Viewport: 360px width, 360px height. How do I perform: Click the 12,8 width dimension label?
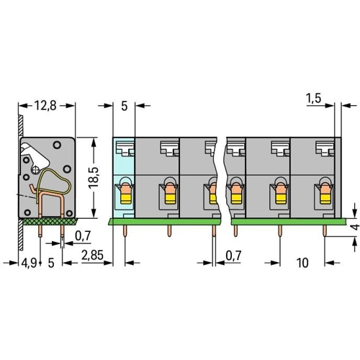(x=45, y=106)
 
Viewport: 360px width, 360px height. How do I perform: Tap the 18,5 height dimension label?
(x=94, y=177)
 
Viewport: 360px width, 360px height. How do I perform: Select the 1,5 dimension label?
(x=314, y=98)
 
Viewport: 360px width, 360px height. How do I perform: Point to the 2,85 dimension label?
(x=92, y=255)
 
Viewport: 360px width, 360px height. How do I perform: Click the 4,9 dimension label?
(x=29, y=263)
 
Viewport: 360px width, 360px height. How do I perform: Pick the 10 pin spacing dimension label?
(x=302, y=263)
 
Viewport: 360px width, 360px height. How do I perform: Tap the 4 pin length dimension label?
(x=356, y=227)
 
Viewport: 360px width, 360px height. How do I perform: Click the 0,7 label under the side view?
(x=83, y=236)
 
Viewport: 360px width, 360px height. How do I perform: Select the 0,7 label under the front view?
(x=233, y=256)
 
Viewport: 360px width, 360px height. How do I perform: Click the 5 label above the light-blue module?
(x=124, y=106)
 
